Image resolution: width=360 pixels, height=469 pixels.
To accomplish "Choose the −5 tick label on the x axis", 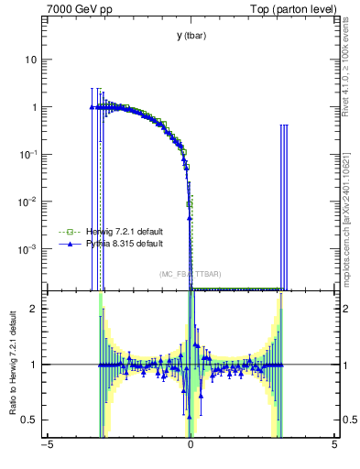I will (x=46, y=445).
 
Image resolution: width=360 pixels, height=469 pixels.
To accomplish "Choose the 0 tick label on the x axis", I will (x=191, y=445).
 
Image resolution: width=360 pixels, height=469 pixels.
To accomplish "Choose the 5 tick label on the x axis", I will (x=334, y=445).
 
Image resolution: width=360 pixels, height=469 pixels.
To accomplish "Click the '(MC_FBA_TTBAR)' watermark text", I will (x=190, y=274).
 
